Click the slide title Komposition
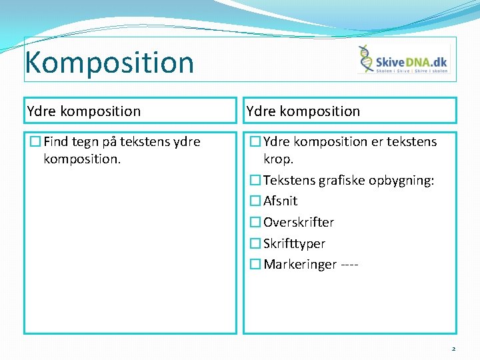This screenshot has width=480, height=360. coord(109,62)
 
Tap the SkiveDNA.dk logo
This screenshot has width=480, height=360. coord(404,60)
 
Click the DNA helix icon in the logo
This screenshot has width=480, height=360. coord(366,59)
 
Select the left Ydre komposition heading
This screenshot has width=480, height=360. coord(84,111)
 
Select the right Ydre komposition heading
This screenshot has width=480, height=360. coord(303,111)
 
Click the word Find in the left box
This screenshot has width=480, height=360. coord(56,141)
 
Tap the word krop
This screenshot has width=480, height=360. coord(279,159)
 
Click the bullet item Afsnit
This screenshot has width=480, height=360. coord(280,201)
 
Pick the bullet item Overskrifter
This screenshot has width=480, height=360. coord(299,222)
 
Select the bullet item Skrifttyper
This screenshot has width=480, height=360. coord(294,243)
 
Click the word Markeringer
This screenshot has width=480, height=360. coord(300,265)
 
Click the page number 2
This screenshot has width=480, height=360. coord(453,348)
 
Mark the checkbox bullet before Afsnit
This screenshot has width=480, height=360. coord(255,201)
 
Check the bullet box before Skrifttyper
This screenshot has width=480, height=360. coord(255,243)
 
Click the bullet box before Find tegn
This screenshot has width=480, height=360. coord(35,141)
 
